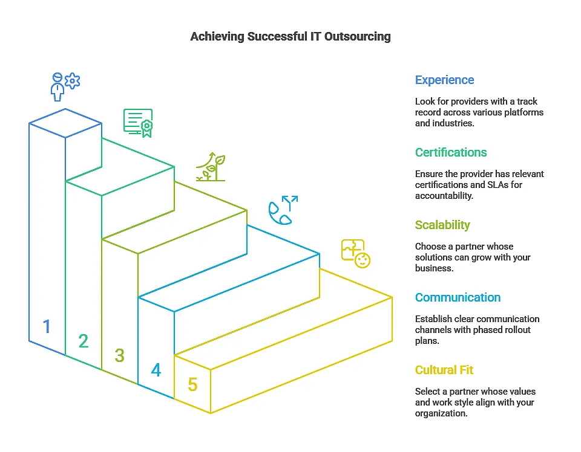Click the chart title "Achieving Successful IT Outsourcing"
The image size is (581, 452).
pos(290,36)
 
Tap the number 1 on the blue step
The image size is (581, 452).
pos(47,327)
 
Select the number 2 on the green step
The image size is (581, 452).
pos(84,341)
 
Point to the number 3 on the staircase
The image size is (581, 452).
pos(119,356)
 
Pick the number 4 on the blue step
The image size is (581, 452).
pos(156,370)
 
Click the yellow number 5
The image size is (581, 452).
pos(192,384)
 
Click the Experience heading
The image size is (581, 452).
pos(444,80)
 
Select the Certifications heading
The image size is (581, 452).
pos(451,152)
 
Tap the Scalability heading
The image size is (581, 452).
pos(442,225)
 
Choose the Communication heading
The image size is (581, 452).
pos(458,297)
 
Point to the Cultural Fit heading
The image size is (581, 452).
pos(444,370)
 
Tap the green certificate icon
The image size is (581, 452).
pos(138,123)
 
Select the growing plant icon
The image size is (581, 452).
pos(211,167)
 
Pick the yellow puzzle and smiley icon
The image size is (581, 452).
pos(356,253)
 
